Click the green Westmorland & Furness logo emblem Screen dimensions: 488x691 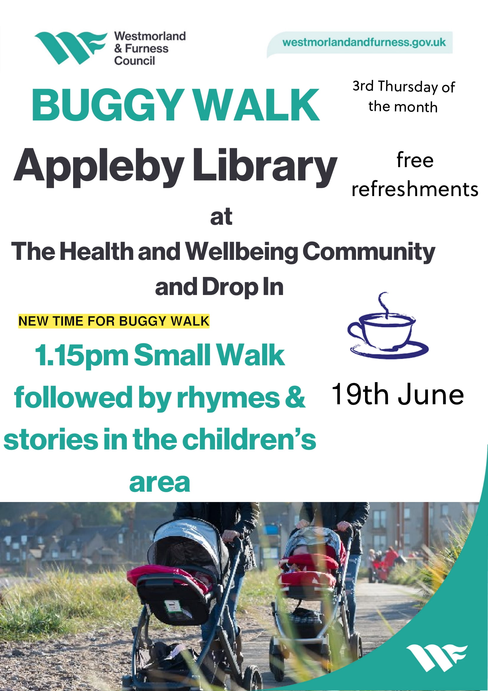point(70,48)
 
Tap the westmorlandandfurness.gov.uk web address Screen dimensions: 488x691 point(364,42)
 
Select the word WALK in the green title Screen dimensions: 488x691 point(256,105)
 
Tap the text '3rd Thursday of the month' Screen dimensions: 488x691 point(404,97)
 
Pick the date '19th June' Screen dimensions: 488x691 point(398,394)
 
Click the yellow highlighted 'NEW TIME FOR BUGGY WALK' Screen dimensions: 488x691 point(114,321)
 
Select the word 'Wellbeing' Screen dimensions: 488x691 point(241,252)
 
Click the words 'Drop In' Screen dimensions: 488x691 point(243,286)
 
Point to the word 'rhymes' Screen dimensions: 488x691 point(229,397)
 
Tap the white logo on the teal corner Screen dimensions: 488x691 point(437,658)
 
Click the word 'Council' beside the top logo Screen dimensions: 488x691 point(134,61)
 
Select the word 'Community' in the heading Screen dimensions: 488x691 point(369,252)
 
